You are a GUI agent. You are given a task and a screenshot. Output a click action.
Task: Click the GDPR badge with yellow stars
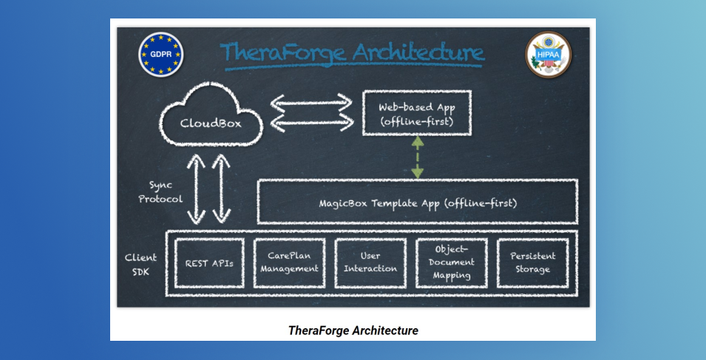[160, 55]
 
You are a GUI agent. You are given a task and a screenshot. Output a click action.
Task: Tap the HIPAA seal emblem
[548, 55]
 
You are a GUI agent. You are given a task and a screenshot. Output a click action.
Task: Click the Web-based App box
[417, 91]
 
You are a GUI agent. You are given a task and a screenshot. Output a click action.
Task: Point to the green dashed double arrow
[418, 157]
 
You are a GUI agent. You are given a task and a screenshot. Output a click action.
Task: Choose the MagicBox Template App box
[418, 180]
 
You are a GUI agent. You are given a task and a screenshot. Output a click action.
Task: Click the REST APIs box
[209, 239]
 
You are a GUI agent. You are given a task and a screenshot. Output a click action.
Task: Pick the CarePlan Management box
[290, 239]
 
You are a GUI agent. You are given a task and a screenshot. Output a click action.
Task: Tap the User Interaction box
[370, 239]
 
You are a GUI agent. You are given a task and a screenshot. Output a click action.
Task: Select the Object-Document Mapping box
[452, 239]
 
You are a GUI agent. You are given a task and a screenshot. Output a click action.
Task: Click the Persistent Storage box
[533, 239]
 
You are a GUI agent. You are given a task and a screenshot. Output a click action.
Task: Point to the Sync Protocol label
[160, 191]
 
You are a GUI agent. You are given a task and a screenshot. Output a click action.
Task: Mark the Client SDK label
[140, 265]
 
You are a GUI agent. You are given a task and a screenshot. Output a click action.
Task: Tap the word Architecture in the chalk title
[418, 52]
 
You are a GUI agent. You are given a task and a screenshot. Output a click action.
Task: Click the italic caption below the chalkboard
[353, 330]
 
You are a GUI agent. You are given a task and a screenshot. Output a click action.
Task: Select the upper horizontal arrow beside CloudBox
[311, 103]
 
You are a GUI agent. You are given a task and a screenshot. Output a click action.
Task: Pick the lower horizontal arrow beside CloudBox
[311, 123]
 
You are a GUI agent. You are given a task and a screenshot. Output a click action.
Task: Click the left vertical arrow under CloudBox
[197, 189]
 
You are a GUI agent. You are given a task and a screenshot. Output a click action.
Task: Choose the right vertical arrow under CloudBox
[221, 189]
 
